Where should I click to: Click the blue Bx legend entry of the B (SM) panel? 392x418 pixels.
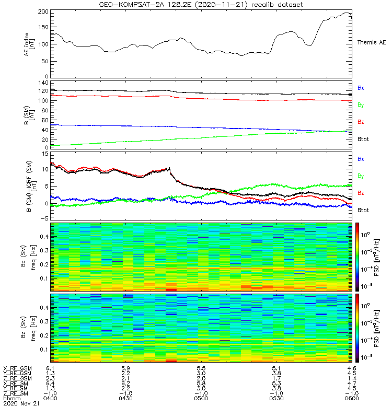pyautogui.click(x=361, y=88)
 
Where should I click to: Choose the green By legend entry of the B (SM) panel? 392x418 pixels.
pyautogui.click(x=361, y=105)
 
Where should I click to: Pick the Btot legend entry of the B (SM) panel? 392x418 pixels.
pyautogui.click(x=363, y=139)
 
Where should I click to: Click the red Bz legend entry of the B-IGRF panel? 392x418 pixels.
pyautogui.click(x=361, y=193)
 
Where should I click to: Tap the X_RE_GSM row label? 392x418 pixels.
pyautogui.click(x=17, y=368)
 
